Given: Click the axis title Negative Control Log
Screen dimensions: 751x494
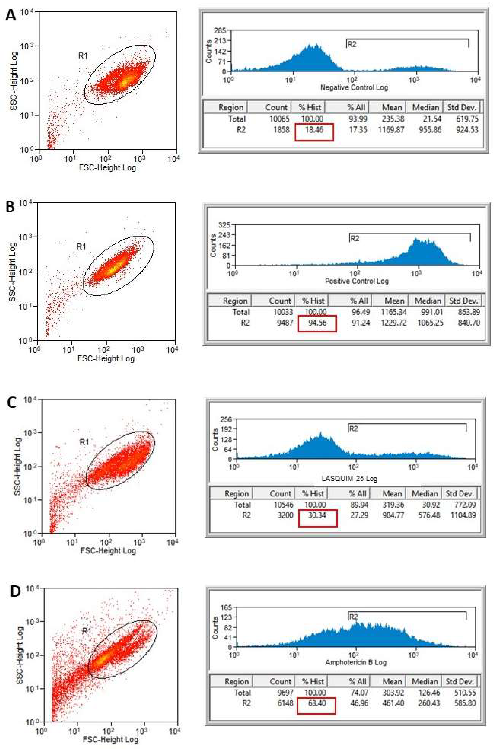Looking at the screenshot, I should [x=354, y=87].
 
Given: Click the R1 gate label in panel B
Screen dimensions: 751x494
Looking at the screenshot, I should [x=81, y=246].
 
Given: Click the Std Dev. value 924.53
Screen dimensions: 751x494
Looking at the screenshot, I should [x=468, y=130].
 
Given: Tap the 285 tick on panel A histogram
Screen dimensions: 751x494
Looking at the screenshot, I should [x=220, y=31].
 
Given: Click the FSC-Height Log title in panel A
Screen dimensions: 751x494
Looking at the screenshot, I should [x=107, y=168].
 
